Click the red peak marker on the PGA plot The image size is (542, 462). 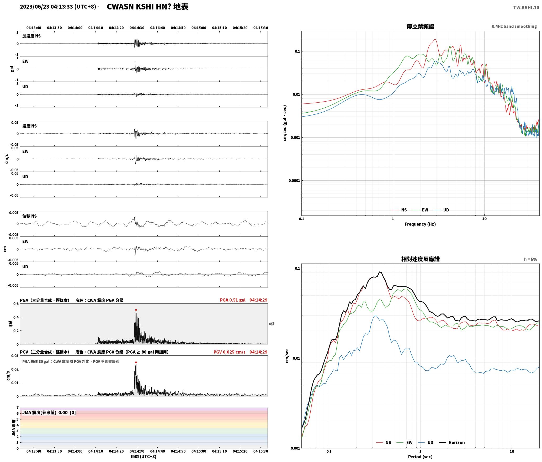point(136,310)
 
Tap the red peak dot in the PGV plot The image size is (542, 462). point(136,362)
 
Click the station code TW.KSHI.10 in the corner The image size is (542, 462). point(526,8)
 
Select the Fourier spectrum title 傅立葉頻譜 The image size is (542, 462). point(420,26)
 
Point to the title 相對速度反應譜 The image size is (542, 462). point(420,259)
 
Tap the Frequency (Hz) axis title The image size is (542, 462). point(420,224)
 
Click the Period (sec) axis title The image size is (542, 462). point(420,456)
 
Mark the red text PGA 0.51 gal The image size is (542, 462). point(233,300)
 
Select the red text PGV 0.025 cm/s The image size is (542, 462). point(229,352)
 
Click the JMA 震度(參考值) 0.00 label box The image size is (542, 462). point(49,412)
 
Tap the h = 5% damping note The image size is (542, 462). point(530,259)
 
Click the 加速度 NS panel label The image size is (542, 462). point(31,36)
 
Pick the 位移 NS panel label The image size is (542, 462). point(29,216)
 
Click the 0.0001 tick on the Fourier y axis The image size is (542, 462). point(294,181)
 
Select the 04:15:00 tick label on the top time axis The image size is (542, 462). point(199,28)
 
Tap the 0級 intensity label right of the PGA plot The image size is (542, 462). point(272,324)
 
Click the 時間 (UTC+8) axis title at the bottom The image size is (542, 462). point(144,456)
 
